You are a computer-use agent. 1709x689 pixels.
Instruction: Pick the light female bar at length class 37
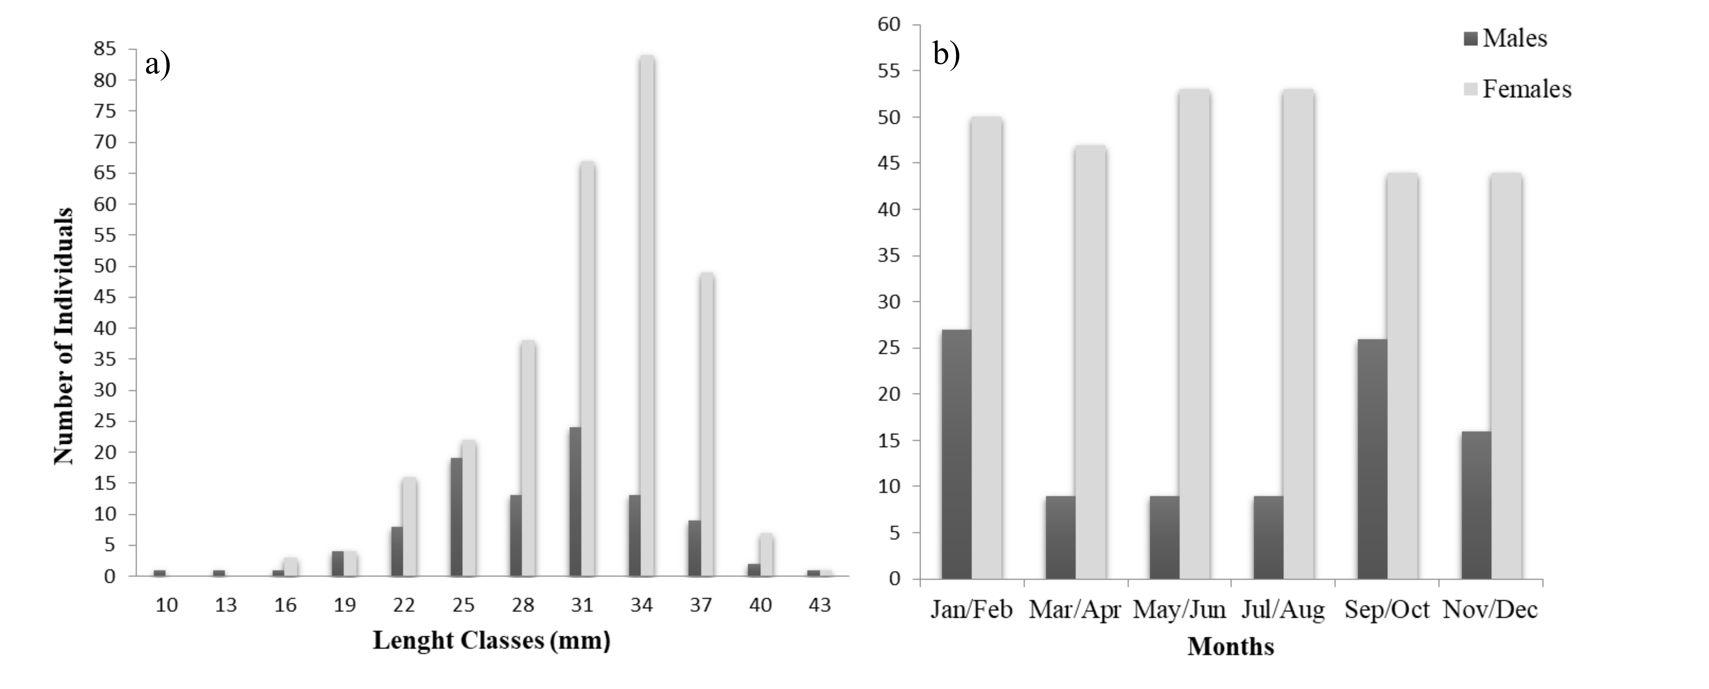[x=707, y=424]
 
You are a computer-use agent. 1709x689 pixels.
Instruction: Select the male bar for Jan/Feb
[x=956, y=454]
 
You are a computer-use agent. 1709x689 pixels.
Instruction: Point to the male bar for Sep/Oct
[x=1372, y=459]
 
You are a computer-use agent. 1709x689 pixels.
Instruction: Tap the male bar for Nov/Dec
[x=1476, y=505]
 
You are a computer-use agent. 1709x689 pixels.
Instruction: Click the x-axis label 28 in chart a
[x=523, y=605]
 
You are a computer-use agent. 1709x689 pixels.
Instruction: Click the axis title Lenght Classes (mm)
[x=491, y=641]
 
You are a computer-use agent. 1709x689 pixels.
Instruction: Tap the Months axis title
[x=1231, y=646]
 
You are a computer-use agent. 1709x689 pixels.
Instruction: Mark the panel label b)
[x=946, y=54]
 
